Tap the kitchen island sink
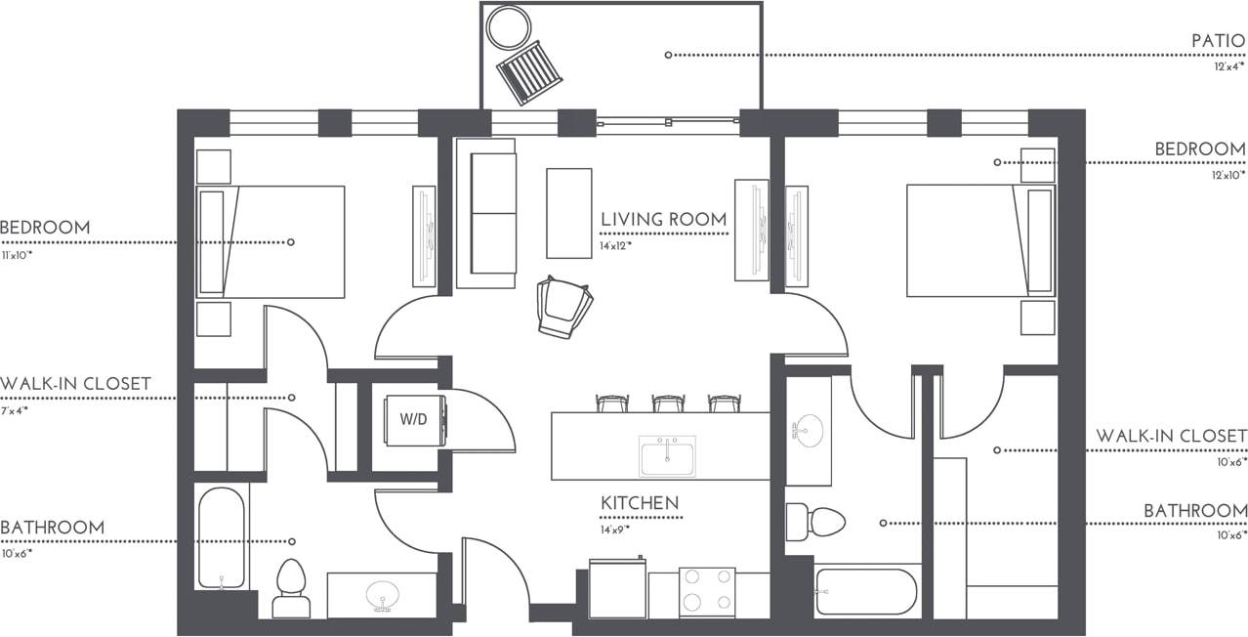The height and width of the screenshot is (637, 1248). [667, 455]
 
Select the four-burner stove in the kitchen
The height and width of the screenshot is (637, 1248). [707, 591]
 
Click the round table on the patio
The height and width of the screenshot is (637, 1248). [509, 27]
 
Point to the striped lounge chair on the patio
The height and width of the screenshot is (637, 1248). [529, 71]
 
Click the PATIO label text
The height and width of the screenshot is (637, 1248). [1218, 41]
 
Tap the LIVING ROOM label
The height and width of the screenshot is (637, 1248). [663, 220]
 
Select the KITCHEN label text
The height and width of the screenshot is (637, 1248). [640, 503]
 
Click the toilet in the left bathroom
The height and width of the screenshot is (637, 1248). [291, 589]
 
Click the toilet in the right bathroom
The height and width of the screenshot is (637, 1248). [814, 521]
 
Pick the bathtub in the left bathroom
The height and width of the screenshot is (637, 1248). [222, 538]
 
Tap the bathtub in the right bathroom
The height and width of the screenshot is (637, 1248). [865, 591]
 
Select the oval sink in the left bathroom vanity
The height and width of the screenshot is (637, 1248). [382, 596]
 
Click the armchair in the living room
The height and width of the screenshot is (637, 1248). [564, 307]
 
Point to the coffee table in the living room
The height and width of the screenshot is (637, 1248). [568, 212]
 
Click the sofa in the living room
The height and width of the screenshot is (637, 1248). [485, 213]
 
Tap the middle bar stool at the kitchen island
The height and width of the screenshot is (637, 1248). [668, 403]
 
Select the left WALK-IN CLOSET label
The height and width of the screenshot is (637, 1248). [75, 384]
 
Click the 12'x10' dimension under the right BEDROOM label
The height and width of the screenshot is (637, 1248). [1228, 175]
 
